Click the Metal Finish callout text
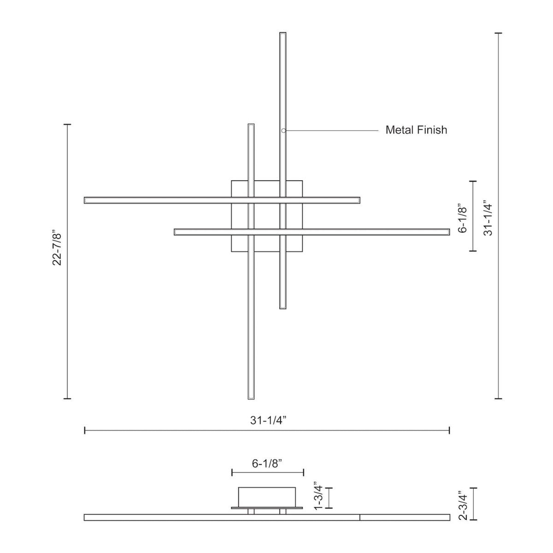(416, 130)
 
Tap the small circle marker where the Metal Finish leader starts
(283, 131)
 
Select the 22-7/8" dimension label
(57, 248)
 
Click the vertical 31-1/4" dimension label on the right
(488, 218)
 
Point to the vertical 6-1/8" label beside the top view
(463, 219)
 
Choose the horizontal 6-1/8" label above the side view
(267, 464)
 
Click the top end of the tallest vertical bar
(283, 34)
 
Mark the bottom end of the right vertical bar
(283, 306)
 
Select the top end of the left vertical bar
(251, 126)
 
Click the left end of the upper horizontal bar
(87, 200)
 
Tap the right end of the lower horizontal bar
(447, 232)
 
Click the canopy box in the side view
(266, 496)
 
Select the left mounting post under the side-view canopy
(251, 512)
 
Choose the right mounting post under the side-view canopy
(282, 512)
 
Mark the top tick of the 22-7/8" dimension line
(67, 124)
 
